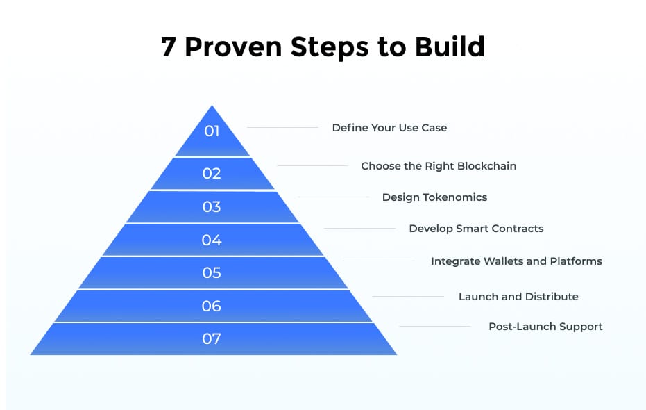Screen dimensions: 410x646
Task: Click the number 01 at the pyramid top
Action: [212, 131]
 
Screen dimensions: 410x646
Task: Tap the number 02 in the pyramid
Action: [212, 173]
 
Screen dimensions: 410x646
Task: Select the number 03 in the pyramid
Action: [212, 206]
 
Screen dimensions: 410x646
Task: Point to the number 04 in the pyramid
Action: [212, 240]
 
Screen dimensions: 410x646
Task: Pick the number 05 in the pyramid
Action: [212, 272]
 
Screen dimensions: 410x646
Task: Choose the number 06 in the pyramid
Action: [212, 306]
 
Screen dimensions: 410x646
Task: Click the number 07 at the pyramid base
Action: [212, 339]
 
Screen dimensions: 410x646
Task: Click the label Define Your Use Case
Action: [389, 128]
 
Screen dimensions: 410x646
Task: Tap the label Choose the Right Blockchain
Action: [439, 166]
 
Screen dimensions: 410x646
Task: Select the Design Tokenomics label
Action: [434, 197]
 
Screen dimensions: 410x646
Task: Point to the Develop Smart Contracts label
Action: [476, 229]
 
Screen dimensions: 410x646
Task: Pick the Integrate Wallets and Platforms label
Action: [516, 261]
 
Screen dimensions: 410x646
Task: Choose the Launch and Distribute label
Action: [518, 297]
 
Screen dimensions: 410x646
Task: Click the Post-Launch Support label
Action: [545, 327]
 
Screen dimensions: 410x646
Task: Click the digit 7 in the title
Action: [169, 47]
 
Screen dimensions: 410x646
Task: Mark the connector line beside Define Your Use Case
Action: [282, 128]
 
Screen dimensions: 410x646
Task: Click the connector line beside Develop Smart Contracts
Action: [359, 229]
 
